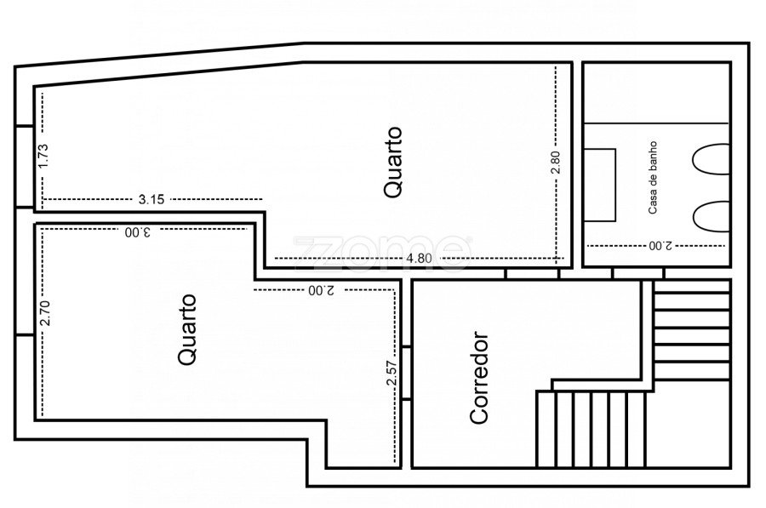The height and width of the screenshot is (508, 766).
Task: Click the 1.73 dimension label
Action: (43, 156)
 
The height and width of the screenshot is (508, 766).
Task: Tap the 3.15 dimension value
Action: (151, 199)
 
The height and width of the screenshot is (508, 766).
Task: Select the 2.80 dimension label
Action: (556, 163)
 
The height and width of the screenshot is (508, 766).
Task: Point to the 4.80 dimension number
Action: (419, 258)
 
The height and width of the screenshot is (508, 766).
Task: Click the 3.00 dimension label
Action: (138, 232)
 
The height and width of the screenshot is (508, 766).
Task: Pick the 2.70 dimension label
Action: (44, 313)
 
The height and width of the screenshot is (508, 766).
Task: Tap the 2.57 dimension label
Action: (392, 373)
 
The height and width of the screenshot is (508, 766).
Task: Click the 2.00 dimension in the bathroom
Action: (660, 245)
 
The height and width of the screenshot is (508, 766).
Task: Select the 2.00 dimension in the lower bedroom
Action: (322, 290)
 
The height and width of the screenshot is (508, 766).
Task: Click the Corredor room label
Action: (478, 378)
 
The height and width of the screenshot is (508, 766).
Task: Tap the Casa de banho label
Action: (653, 178)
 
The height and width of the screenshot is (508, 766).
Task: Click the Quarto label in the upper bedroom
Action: (393, 163)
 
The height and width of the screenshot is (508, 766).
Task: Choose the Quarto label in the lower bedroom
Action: (187, 329)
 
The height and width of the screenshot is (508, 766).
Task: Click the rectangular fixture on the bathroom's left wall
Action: (600, 186)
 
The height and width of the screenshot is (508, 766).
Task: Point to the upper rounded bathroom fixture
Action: (712, 159)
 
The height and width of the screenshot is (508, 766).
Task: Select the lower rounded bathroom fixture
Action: (712, 216)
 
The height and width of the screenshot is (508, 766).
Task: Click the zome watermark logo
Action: (382, 253)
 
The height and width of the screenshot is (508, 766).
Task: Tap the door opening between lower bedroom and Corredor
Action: (407, 374)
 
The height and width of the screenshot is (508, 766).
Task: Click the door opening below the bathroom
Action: (638, 273)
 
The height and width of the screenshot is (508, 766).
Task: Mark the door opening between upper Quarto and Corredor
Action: (532, 273)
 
